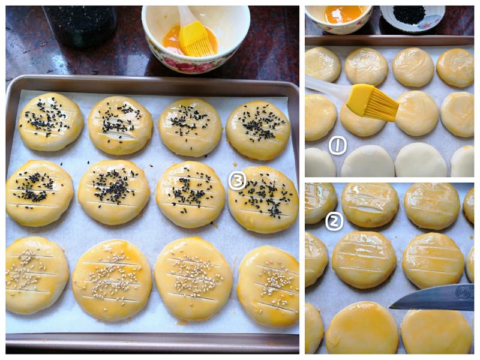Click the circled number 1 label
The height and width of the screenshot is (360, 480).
tap(338, 145)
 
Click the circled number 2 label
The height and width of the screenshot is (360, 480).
tap(334, 221)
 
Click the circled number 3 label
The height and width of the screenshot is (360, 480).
tap(237, 181)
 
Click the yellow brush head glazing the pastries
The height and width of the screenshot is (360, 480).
tap(373, 102)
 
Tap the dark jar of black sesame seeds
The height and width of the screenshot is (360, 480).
tap(80, 26)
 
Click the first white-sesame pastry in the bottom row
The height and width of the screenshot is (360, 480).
tap(36, 275)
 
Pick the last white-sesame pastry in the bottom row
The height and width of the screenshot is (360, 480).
tap(268, 287)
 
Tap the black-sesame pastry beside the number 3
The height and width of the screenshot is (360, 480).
tap(263, 200)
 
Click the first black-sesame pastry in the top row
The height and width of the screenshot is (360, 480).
tap(51, 122)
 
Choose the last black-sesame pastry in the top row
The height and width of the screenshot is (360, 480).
tap(258, 130)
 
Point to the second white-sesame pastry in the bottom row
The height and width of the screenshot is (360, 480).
tap(112, 280)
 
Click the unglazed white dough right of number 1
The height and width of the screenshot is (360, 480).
tap(368, 161)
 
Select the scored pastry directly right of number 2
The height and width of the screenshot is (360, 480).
tap(370, 205)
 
